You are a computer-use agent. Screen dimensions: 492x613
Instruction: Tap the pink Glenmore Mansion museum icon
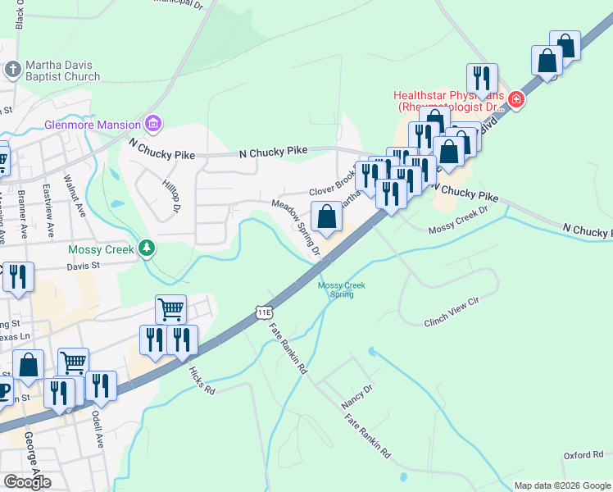pyautogui.click(x=152, y=125)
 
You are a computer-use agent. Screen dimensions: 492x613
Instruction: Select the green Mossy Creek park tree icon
pyautogui.click(x=147, y=247)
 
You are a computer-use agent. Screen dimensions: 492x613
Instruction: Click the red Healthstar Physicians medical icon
pyautogui.click(x=515, y=101)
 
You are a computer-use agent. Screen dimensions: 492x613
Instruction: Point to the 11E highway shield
pyautogui.click(x=263, y=312)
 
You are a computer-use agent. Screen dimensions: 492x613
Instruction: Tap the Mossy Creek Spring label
pyautogui.click(x=341, y=289)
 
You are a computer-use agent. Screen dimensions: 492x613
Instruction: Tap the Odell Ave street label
pyautogui.click(x=98, y=429)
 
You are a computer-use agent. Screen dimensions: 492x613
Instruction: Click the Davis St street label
pyautogui.click(x=82, y=266)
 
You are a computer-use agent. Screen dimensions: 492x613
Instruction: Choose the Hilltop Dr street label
pyautogui.click(x=170, y=196)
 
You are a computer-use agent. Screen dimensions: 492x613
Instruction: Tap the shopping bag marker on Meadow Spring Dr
pyautogui.click(x=326, y=217)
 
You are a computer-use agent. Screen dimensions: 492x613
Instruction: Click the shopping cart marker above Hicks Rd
pyautogui.click(x=170, y=310)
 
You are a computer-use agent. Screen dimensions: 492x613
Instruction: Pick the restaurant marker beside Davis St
pyautogui.click(x=18, y=277)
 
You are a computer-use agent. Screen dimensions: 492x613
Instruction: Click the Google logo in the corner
pyautogui.click(x=27, y=482)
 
